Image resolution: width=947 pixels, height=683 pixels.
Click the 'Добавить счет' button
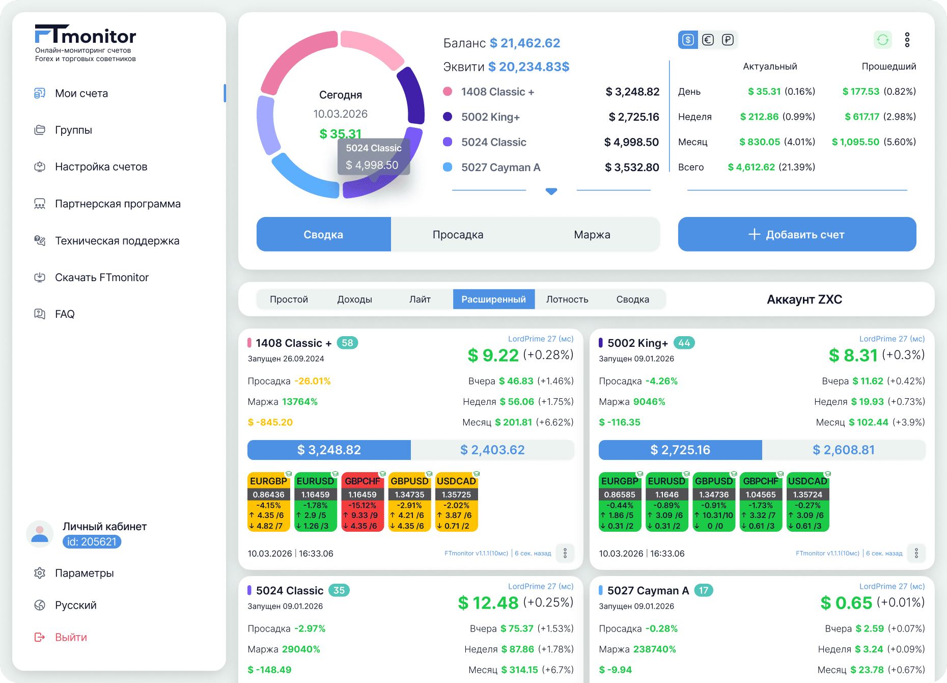tap(797, 234)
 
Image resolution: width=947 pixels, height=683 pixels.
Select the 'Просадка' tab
tap(458, 234)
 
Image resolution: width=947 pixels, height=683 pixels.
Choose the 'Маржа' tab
tap(592, 234)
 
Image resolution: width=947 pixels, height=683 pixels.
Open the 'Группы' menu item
tap(73, 130)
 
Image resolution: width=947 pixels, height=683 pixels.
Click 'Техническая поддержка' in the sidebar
tap(117, 240)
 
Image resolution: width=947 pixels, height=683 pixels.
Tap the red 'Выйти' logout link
tap(71, 637)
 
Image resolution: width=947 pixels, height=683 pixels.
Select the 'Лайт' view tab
tap(420, 299)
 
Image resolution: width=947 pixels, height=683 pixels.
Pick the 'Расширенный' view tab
tap(493, 299)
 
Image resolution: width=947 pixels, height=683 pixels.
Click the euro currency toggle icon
tap(708, 40)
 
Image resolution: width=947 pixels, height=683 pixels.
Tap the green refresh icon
tap(883, 40)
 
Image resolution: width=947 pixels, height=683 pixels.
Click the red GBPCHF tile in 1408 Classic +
tap(363, 502)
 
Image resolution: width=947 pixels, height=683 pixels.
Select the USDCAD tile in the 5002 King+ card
tap(807, 502)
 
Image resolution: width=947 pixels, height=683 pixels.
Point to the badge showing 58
tap(347, 343)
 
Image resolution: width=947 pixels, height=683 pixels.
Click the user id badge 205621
tap(92, 542)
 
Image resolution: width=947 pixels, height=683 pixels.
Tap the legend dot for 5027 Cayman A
tap(448, 167)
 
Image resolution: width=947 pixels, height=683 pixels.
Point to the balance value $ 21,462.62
tap(525, 43)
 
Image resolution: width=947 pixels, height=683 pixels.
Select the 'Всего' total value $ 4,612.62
tap(751, 167)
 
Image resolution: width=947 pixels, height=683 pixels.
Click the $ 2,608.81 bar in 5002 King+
tap(844, 450)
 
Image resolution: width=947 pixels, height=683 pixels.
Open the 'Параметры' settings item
tap(84, 573)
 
